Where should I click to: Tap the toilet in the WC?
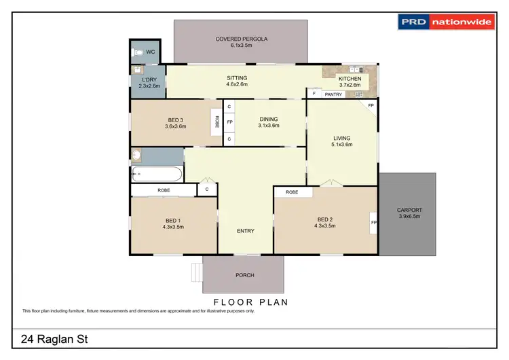(x=138, y=52)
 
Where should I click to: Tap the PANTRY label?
(x=333, y=94)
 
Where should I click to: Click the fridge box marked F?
(x=314, y=94)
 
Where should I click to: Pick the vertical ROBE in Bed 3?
(x=216, y=122)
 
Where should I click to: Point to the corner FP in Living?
(x=371, y=107)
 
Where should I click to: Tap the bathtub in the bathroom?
(x=157, y=174)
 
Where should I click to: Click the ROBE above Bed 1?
(x=164, y=190)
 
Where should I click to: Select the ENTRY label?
(x=246, y=231)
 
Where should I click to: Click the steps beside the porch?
(x=197, y=271)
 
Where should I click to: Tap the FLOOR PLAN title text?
(x=250, y=302)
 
